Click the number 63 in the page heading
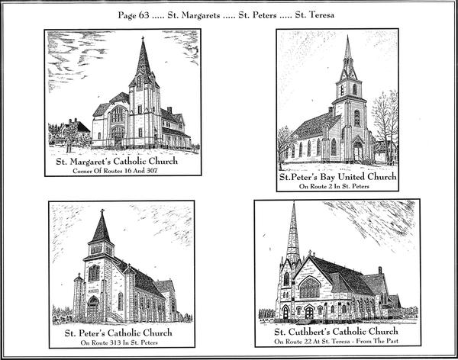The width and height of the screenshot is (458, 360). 143,15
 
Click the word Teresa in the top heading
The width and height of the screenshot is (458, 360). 321,14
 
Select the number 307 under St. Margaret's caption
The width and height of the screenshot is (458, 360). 152,171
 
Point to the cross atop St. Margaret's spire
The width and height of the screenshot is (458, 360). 143,38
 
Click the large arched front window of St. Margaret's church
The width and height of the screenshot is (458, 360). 118,114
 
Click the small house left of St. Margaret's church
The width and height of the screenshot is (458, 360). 76,130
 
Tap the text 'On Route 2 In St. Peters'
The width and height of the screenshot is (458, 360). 334,186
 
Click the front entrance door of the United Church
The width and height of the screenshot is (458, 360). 357,151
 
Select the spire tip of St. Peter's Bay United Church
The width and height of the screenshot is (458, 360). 347,36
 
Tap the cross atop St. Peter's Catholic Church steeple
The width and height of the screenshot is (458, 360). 102,211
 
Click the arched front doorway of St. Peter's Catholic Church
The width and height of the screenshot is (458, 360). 93,307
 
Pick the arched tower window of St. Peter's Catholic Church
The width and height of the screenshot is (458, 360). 94,273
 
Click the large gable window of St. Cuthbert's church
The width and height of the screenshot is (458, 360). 310,287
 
